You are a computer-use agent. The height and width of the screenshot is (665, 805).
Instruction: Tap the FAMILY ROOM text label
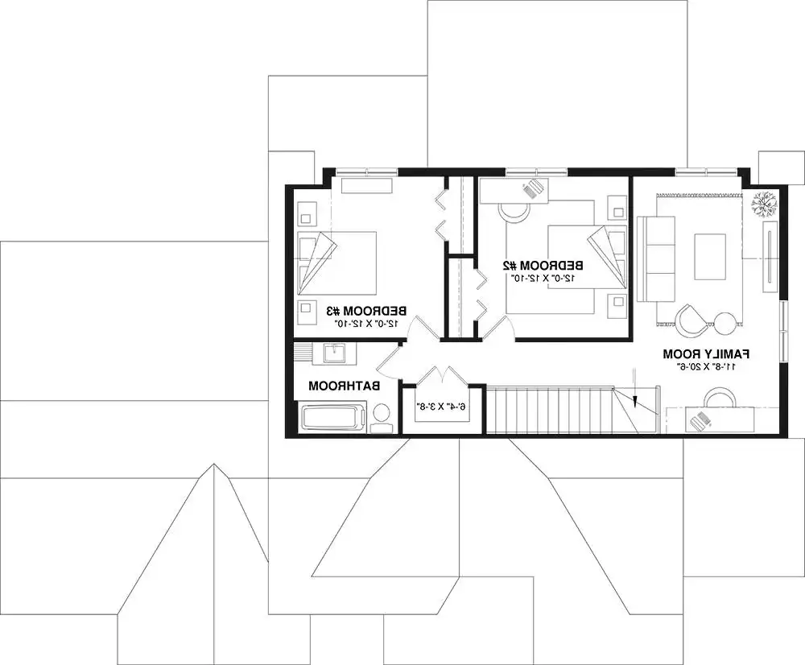707,353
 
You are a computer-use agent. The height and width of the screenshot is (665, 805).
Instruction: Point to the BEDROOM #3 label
366,310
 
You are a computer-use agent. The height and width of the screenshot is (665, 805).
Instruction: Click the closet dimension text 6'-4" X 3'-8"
442,407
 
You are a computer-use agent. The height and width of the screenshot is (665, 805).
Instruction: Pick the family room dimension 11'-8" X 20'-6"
707,366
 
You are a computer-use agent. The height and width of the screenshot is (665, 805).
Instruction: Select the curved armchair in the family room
691,319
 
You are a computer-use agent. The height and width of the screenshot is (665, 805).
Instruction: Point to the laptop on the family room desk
703,421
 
